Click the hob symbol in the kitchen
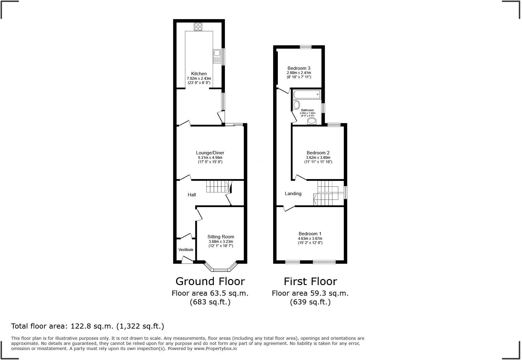(198, 27)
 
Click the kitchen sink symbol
(217, 56)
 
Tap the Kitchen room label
(199, 74)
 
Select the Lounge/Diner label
(210, 153)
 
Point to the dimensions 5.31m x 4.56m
(210, 158)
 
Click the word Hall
(192, 195)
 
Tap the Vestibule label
(186, 250)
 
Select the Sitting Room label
(221, 237)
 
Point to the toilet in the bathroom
(311, 121)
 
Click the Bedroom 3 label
(299, 68)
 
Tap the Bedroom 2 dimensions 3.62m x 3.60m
(318, 158)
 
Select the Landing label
(293, 194)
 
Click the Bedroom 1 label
(310, 234)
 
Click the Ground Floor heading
(210, 281)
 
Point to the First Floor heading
(310, 281)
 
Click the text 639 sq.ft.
(310, 302)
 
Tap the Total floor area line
(88, 326)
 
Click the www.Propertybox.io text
(215, 349)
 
